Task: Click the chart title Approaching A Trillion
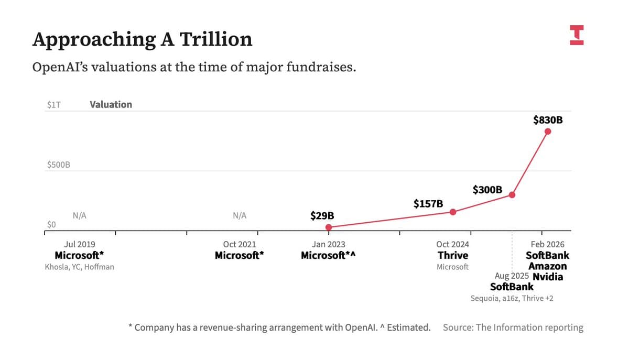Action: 142,39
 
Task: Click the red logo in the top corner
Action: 576,35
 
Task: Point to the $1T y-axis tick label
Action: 53,105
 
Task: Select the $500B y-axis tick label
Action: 58,165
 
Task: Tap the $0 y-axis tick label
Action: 51,224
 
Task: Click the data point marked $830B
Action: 548,131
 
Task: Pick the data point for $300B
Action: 512,195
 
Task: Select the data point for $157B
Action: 453,212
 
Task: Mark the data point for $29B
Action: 329,227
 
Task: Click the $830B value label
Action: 548,120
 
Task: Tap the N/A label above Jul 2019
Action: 80,215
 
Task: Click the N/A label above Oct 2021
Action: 239,215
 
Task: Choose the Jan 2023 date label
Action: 328,244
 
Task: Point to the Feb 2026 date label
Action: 548,244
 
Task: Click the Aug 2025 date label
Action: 512,276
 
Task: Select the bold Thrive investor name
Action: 453,256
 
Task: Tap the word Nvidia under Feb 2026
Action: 548,277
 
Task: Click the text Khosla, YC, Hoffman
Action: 80,267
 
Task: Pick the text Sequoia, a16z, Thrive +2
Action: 512,298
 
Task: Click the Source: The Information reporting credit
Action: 513,328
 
